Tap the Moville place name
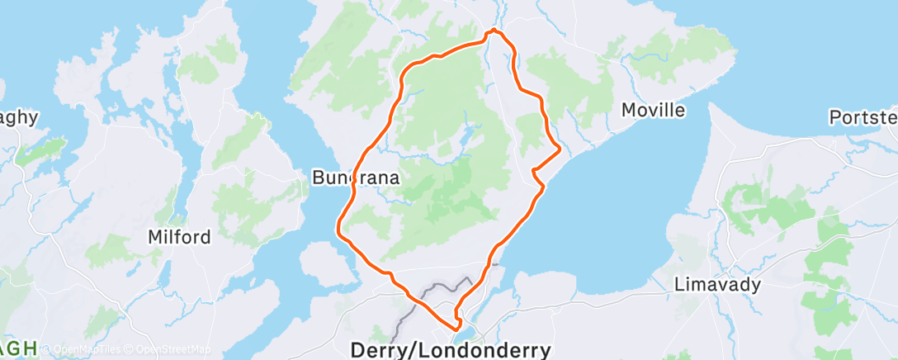click(x=654, y=110)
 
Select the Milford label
click(x=179, y=237)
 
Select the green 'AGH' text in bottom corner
click(x=18, y=348)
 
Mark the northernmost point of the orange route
click(x=494, y=31)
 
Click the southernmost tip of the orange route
click(x=456, y=334)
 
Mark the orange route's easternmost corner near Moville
click(x=560, y=149)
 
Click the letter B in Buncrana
click(x=318, y=177)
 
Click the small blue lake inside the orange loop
click(x=468, y=132)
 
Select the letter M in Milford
click(x=154, y=237)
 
